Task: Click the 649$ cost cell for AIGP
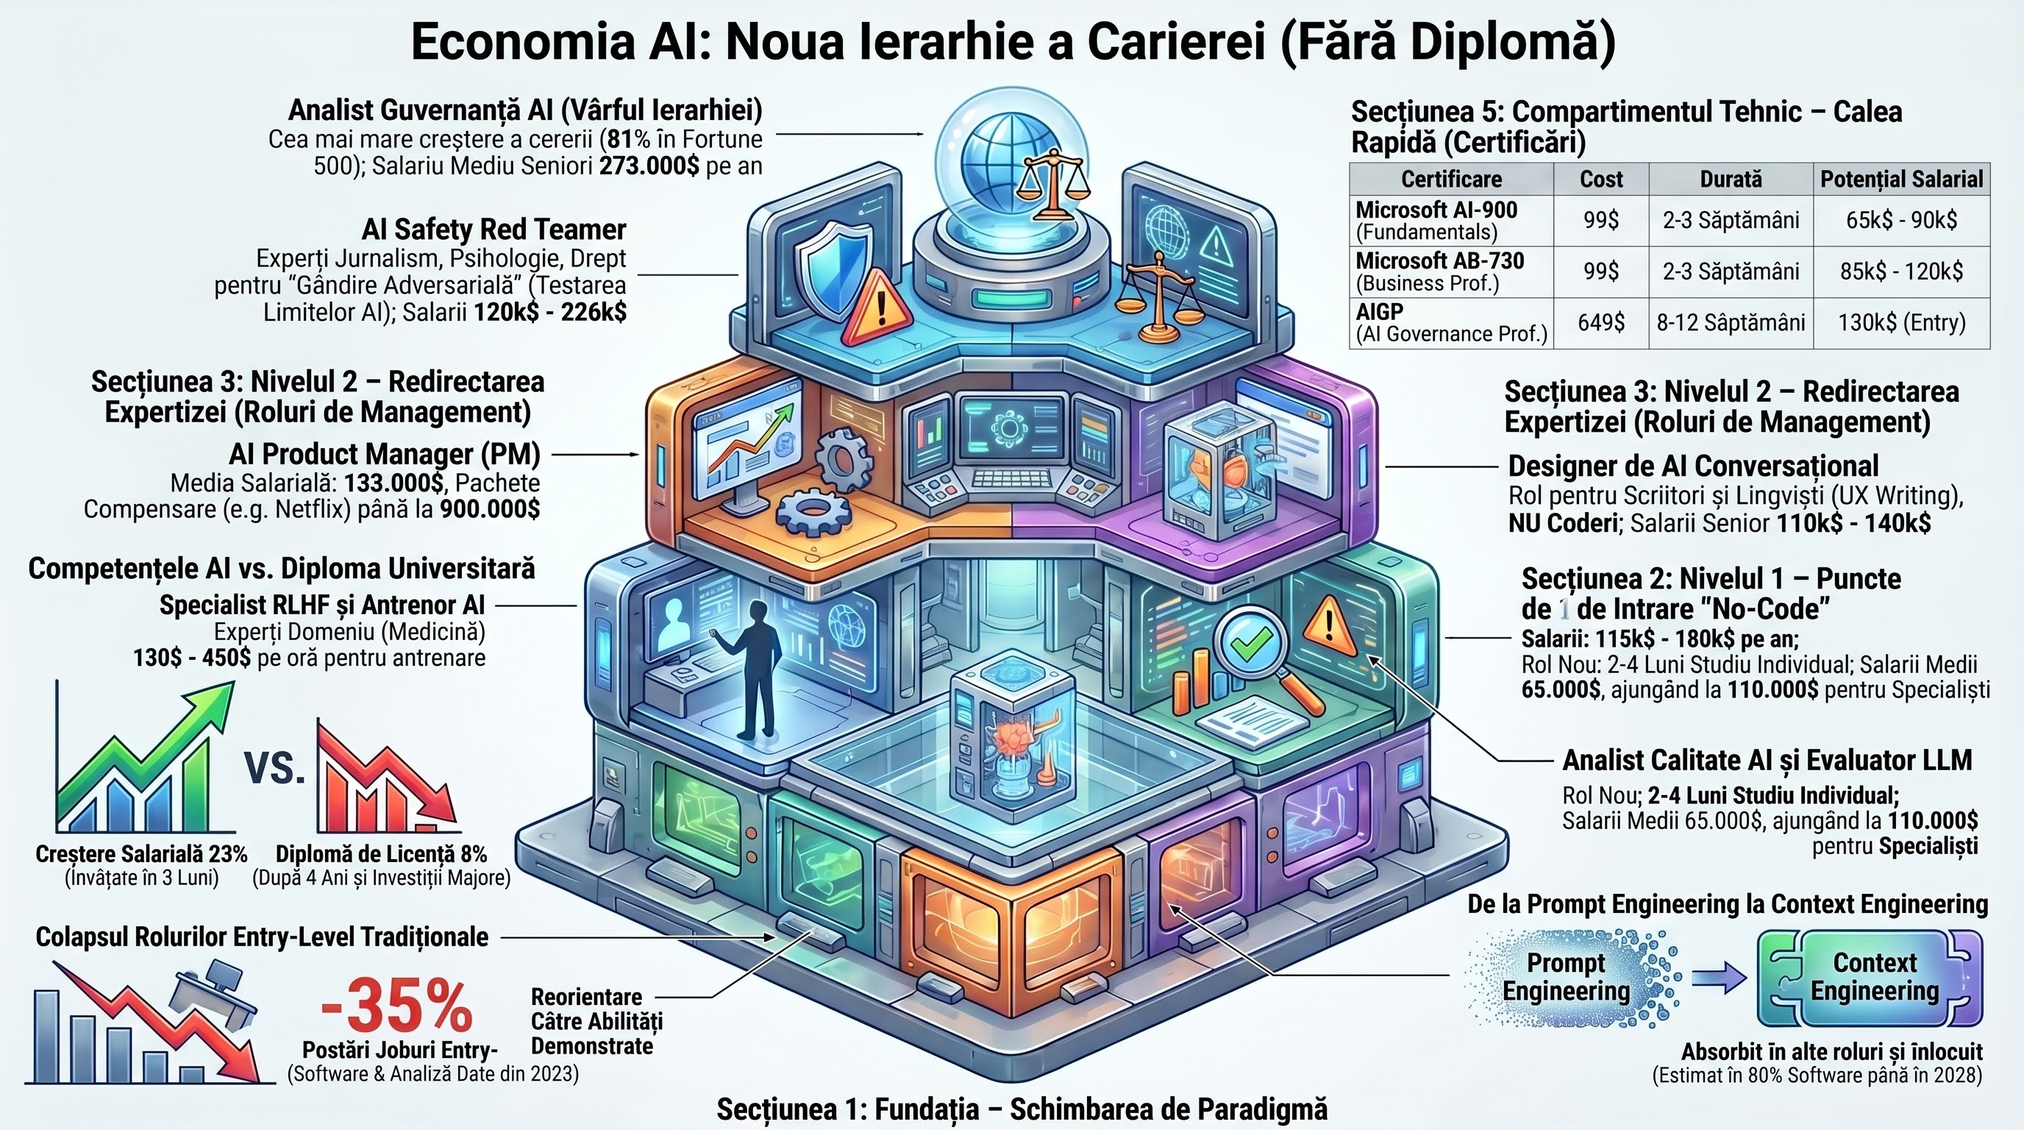point(1601,322)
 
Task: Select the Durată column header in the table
point(1731,180)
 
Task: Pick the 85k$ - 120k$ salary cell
point(1901,271)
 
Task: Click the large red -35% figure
point(397,1005)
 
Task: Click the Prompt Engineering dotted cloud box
point(1567,977)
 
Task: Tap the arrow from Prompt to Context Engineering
point(1719,978)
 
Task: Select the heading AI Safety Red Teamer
point(494,230)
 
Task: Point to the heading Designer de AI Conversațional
point(1693,466)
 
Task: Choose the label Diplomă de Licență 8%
point(381,854)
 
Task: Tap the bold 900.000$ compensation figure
point(490,509)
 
